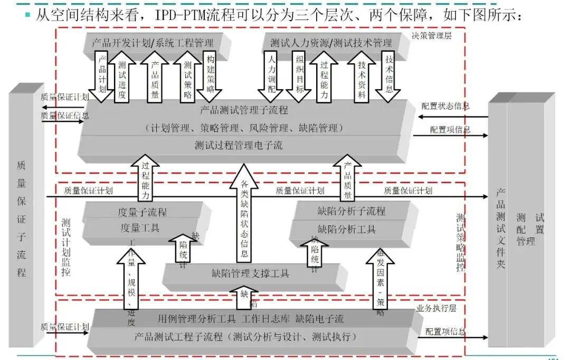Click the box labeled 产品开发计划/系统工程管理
point(153,43)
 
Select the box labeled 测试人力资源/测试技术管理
point(331,43)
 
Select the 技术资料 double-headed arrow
point(362,78)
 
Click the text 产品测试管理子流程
point(244,111)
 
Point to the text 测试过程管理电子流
point(239,145)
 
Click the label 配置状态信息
point(445,106)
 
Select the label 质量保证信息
point(64,116)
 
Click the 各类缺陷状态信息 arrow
point(244,216)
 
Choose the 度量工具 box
point(140,228)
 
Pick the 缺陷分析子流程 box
point(351,211)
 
